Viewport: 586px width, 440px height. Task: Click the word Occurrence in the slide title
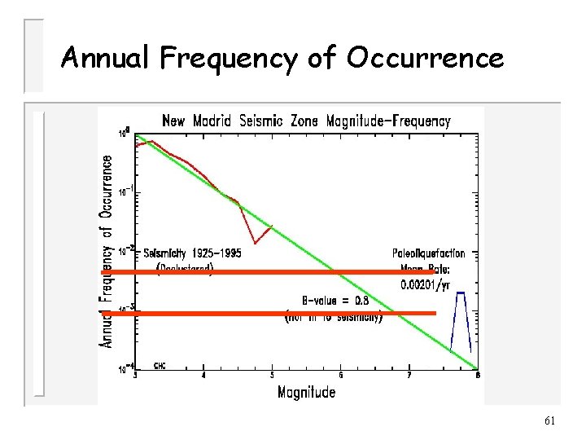(x=424, y=58)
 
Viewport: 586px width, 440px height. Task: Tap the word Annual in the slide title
(x=105, y=58)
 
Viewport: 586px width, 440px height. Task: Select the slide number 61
(x=549, y=420)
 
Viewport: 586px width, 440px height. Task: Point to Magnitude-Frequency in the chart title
(x=387, y=121)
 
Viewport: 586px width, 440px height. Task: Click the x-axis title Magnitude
(x=306, y=392)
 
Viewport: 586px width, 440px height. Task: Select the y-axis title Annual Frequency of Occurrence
(x=107, y=252)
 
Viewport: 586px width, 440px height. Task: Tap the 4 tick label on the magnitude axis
(x=203, y=375)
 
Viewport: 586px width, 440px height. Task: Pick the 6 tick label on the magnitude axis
(x=340, y=375)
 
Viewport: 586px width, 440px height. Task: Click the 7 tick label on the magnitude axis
(x=409, y=375)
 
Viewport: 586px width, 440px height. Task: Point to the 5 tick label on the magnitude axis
(x=272, y=375)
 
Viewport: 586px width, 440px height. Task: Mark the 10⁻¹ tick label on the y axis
(x=125, y=193)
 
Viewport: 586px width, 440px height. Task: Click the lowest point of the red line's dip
(x=256, y=242)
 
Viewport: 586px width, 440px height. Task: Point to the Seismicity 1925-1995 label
(x=192, y=253)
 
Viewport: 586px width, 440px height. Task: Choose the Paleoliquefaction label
(x=429, y=253)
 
